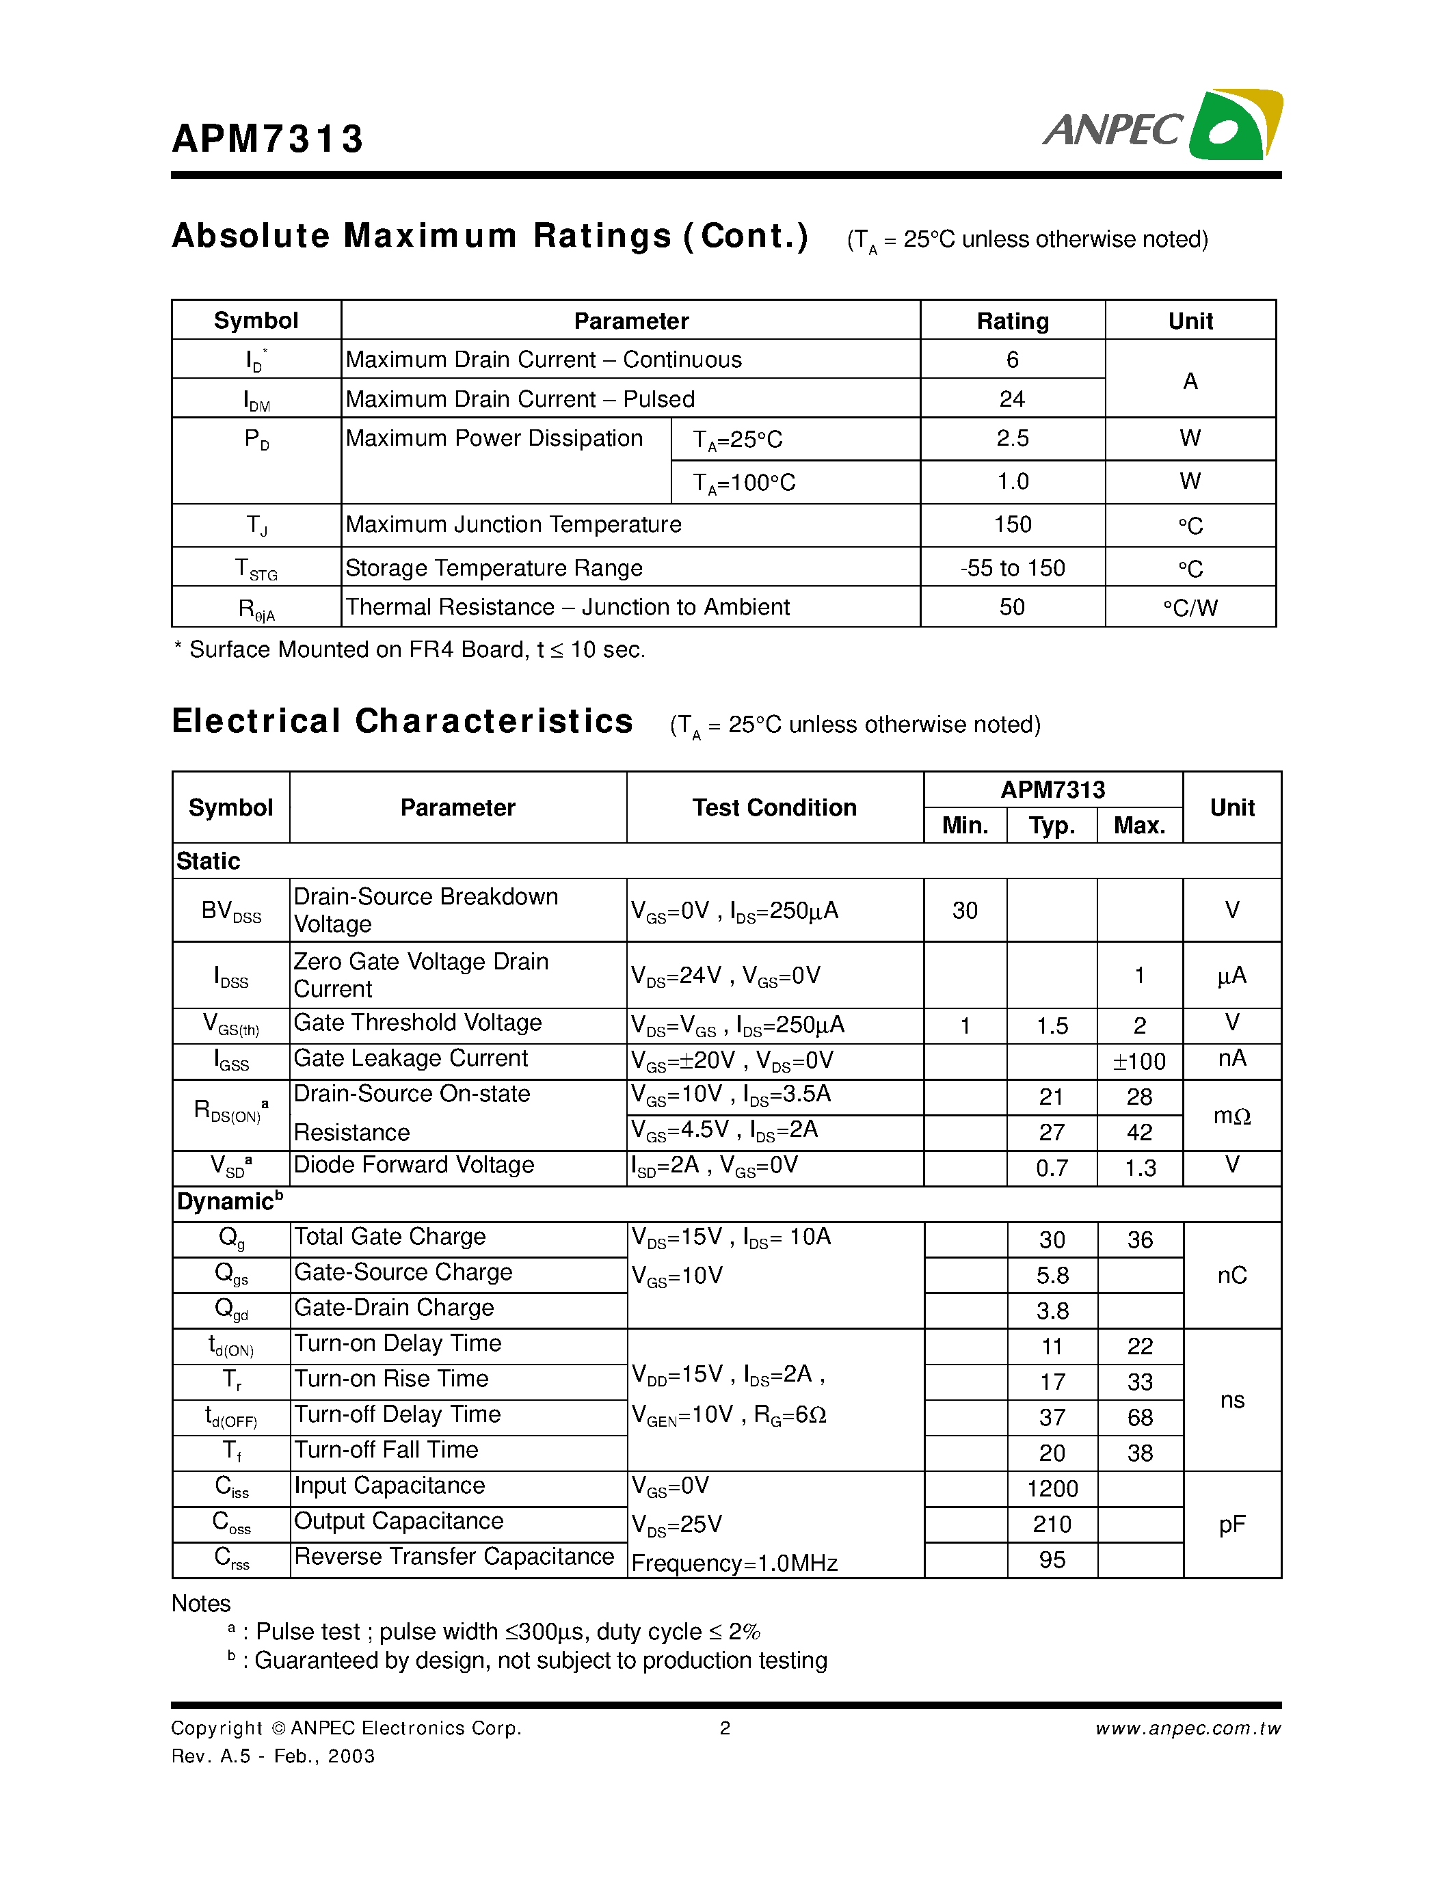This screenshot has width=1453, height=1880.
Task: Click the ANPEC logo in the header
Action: (1161, 126)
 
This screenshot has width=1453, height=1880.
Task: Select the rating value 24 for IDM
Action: (1011, 399)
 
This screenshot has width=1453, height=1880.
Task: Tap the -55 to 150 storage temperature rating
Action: (1012, 568)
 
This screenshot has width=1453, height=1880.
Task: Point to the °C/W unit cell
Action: (1190, 608)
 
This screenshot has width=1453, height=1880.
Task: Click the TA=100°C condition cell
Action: (745, 483)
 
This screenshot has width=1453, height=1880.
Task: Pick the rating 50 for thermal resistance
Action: (1011, 607)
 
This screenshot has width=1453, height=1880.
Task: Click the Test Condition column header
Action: (774, 807)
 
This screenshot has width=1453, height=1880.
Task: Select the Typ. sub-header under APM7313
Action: (1051, 826)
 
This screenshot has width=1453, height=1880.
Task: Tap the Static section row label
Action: (209, 861)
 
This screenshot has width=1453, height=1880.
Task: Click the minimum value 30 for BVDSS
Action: (964, 911)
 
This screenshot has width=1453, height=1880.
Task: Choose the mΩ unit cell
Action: (1231, 1116)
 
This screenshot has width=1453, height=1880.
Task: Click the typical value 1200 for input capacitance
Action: (1052, 1488)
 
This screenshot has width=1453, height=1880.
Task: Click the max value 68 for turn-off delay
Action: (1139, 1417)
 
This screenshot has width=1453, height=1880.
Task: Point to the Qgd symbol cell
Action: (230, 1309)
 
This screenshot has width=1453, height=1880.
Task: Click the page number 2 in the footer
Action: (725, 1728)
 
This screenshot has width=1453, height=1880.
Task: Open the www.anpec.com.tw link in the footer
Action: (1188, 1728)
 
